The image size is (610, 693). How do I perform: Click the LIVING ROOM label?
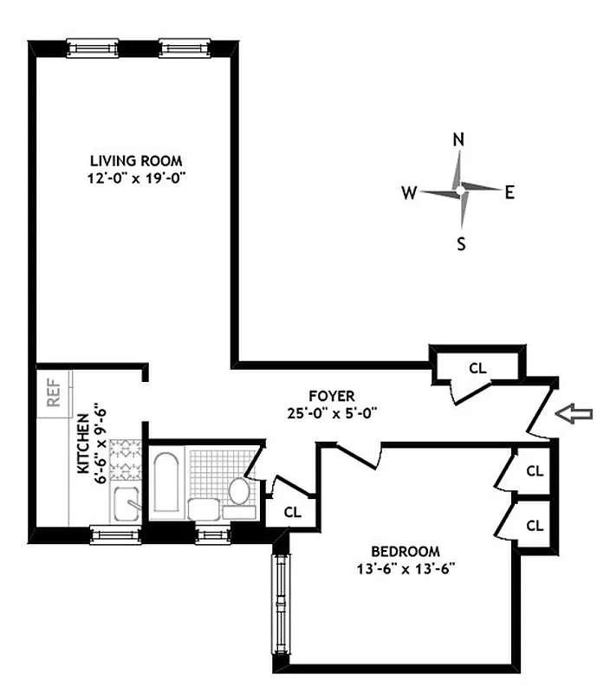(x=136, y=160)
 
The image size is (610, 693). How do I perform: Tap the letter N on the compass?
(x=459, y=139)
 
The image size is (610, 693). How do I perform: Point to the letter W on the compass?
(x=407, y=192)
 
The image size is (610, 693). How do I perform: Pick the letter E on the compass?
(x=510, y=192)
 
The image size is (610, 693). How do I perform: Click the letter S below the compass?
(x=461, y=243)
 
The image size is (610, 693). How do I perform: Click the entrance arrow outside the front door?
(x=574, y=415)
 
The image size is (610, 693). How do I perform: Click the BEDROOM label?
(x=405, y=551)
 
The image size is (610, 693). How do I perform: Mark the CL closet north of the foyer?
(x=477, y=367)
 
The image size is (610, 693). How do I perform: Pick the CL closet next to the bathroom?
(x=294, y=511)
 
